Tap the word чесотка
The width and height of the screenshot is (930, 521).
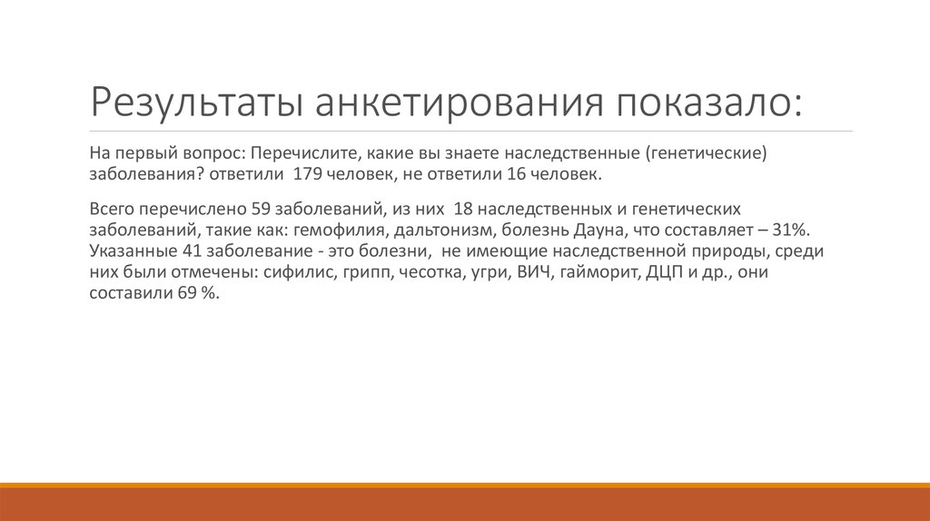click(x=429, y=272)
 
